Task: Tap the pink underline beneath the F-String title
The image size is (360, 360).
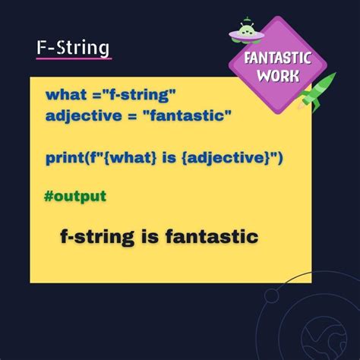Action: click(73, 58)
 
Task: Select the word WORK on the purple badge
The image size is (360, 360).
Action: click(277, 75)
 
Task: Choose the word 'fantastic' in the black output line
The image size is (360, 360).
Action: click(210, 237)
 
